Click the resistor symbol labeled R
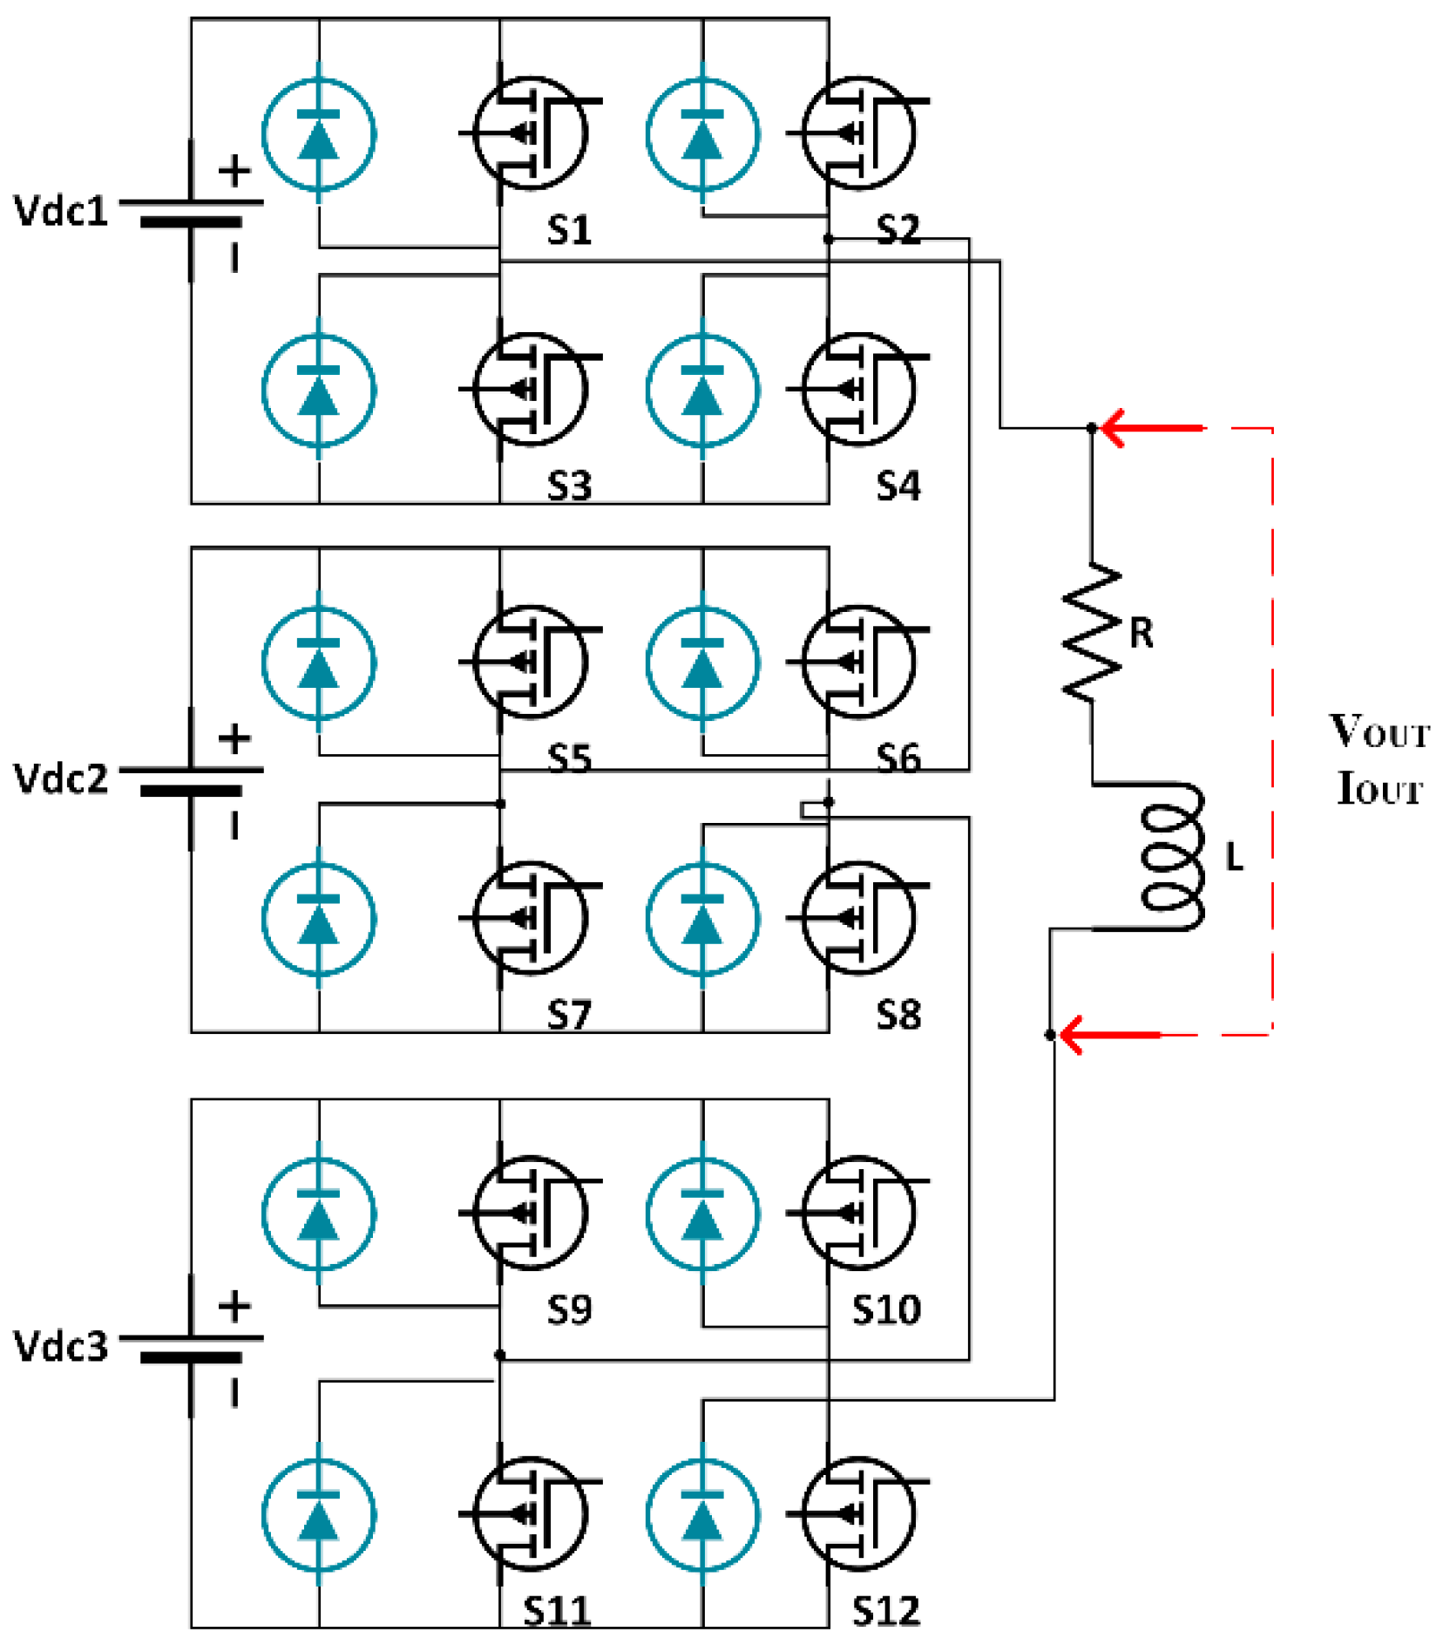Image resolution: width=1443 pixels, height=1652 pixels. click(1091, 632)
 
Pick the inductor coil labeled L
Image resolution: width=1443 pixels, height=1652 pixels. click(1172, 858)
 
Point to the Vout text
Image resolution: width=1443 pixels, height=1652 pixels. click(1379, 731)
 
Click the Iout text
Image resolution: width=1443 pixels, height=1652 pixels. click(1379, 788)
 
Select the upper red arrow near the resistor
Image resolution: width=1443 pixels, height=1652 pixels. click(1150, 428)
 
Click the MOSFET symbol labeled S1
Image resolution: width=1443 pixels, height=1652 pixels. click(530, 133)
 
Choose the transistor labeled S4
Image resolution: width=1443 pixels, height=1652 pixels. click(857, 389)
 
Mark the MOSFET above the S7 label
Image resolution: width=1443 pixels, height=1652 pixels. click(530, 918)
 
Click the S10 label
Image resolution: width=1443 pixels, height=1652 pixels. click(885, 1309)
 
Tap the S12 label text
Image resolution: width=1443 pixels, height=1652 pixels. click(885, 1611)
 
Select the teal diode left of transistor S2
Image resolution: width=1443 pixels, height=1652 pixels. click(702, 133)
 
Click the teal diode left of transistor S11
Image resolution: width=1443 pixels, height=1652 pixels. click(319, 1514)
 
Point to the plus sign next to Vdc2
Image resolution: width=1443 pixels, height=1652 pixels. click(234, 738)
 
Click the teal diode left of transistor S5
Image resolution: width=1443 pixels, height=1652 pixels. click(319, 663)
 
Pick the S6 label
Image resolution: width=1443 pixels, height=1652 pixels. click(898, 758)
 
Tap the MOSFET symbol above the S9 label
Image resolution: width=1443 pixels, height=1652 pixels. click(530, 1213)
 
